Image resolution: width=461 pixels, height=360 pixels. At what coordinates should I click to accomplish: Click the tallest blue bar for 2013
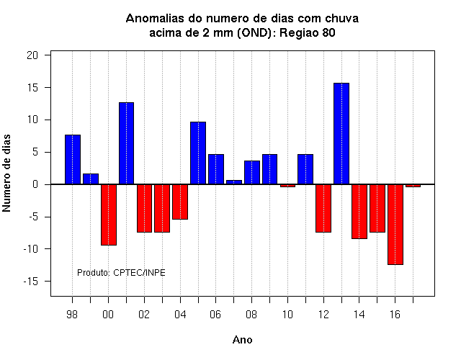click(341, 134)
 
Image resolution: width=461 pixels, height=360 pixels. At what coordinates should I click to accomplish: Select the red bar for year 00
click(109, 215)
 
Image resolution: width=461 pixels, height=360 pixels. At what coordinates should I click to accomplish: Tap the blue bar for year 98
click(73, 160)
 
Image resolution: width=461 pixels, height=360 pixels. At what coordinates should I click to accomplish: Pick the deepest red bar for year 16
click(395, 225)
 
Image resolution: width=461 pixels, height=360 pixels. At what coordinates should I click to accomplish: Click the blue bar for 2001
click(127, 143)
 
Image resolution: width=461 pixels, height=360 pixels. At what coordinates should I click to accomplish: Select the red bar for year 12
click(323, 208)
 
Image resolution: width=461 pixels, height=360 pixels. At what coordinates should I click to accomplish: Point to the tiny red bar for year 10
click(287, 186)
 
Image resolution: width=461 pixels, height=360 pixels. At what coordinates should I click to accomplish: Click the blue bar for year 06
click(216, 169)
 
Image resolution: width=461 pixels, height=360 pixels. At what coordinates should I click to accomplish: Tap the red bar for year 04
click(180, 202)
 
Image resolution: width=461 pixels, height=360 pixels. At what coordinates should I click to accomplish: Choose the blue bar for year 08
click(252, 173)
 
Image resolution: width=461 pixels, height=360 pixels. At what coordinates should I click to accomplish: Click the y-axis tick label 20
click(32, 55)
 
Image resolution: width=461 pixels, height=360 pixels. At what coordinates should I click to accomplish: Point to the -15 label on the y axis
click(31, 282)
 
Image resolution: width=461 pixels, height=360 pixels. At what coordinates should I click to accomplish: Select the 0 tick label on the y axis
click(35, 184)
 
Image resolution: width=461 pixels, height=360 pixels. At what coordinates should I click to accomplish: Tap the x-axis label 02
click(144, 315)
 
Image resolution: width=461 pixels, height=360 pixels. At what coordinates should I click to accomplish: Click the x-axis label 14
click(359, 315)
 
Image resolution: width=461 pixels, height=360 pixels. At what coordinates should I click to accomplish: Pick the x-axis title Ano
click(242, 340)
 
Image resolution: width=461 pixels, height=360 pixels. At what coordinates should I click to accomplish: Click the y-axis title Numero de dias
click(6, 173)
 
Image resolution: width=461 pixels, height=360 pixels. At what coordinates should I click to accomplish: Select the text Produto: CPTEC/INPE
click(121, 273)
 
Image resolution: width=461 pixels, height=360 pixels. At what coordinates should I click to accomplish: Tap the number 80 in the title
click(328, 32)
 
